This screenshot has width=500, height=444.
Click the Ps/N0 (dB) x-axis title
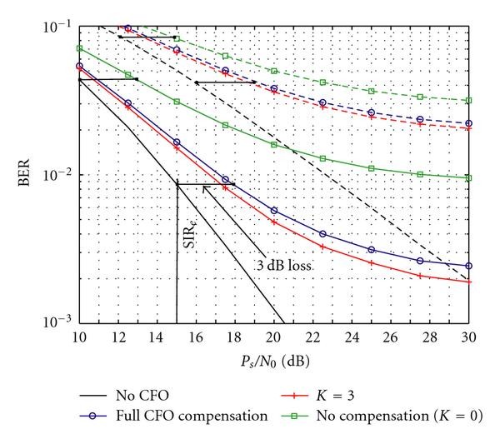pyautogui.click(x=272, y=357)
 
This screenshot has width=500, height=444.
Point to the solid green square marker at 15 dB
pyautogui.click(x=177, y=102)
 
